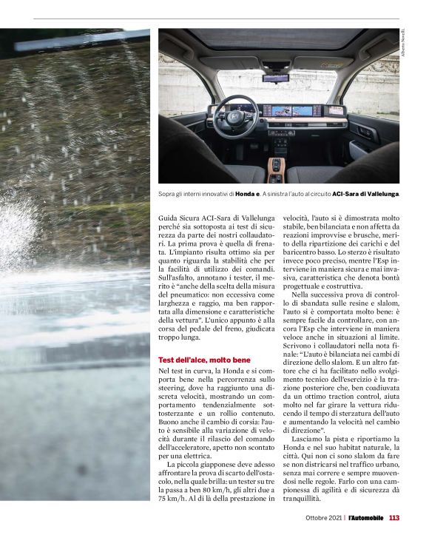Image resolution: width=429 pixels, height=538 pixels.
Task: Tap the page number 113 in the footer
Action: (x=394, y=517)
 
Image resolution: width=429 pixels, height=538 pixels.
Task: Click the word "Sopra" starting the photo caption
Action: (x=168, y=194)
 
